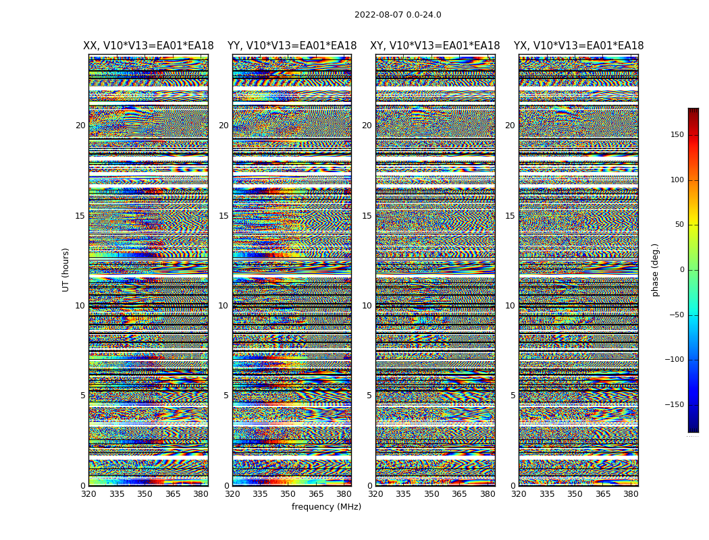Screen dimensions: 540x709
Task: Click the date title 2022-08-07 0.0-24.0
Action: (x=398, y=15)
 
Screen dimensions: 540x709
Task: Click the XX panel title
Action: (x=149, y=46)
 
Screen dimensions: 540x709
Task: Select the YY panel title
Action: (x=292, y=46)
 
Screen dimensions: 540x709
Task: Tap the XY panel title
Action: (x=435, y=46)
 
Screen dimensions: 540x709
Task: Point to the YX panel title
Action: (x=579, y=46)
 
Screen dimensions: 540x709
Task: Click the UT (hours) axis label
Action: (x=66, y=269)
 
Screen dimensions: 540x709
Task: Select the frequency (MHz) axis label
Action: (x=326, y=507)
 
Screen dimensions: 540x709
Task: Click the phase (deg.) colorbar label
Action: (x=655, y=269)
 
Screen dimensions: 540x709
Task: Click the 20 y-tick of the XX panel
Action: (x=80, y=126)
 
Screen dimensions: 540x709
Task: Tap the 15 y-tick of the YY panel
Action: (x=224, y=216)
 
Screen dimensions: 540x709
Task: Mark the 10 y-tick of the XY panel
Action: (x=367, y=306)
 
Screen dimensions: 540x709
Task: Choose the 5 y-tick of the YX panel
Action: (x=513, y=396)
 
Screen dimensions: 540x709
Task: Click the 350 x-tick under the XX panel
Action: (x=145, y=494)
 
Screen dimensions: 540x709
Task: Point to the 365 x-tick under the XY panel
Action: (x=460, y=494)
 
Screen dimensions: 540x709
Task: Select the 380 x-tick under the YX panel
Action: (x=631, y=494)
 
